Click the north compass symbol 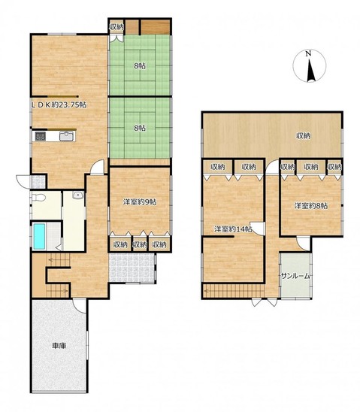point(310,66)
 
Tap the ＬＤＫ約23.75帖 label point(59,105)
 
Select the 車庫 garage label point(59,346)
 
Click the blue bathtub point(39,236)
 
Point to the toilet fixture point(38,198)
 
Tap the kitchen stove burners point(40,136)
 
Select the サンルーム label point(295,276)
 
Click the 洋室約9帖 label point(140,201)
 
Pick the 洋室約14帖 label point(233,229)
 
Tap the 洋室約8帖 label point(311,206)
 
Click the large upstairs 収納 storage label point(304,135)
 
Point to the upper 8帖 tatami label point(140,65)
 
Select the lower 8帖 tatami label point(140,128)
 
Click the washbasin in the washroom point(78,195)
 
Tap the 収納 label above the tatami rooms point(116,27)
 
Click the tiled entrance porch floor point(132,268)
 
